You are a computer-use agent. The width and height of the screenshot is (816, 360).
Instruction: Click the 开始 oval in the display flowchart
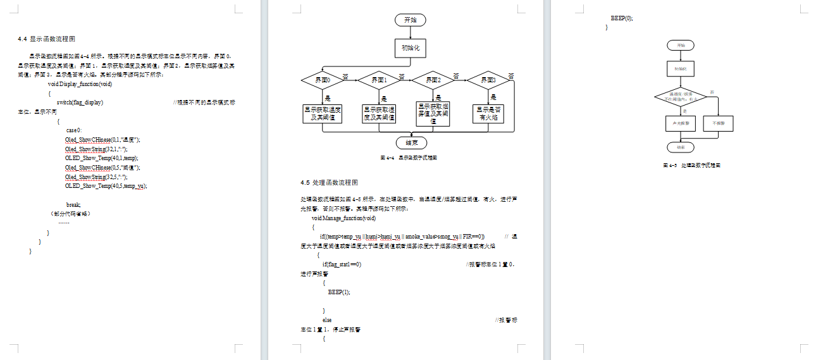[410, 20]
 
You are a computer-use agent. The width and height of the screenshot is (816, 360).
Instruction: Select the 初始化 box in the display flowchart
[410, 47]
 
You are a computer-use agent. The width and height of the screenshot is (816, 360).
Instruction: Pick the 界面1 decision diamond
[378, 80]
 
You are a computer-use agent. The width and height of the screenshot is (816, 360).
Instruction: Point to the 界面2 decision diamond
[433, 80]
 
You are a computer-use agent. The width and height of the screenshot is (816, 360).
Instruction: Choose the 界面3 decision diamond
[487, 80]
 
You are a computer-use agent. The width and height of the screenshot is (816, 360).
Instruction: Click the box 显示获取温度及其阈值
[323, 113]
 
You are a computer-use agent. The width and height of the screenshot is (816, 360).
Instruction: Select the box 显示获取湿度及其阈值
[379, 113]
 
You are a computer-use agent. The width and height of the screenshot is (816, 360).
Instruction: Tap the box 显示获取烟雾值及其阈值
[433, 113]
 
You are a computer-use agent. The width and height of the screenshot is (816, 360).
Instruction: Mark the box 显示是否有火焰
[489, 113]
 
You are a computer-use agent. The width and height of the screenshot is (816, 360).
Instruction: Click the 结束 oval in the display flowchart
[410, 142]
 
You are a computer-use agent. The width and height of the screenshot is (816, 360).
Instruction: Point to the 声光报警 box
[681, 123]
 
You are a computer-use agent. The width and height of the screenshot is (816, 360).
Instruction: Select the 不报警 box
[719, 123]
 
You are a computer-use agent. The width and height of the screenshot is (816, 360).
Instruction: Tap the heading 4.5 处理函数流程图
[329, 182]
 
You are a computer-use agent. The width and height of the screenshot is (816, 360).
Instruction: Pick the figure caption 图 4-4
[409, 157]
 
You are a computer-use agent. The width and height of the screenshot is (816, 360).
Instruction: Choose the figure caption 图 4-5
[691, 165]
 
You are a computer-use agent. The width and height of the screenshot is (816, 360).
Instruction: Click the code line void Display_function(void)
[80, 84]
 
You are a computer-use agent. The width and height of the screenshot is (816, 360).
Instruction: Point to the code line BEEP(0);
[621, 18]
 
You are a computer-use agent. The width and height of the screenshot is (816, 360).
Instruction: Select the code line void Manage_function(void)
[343, 218]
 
